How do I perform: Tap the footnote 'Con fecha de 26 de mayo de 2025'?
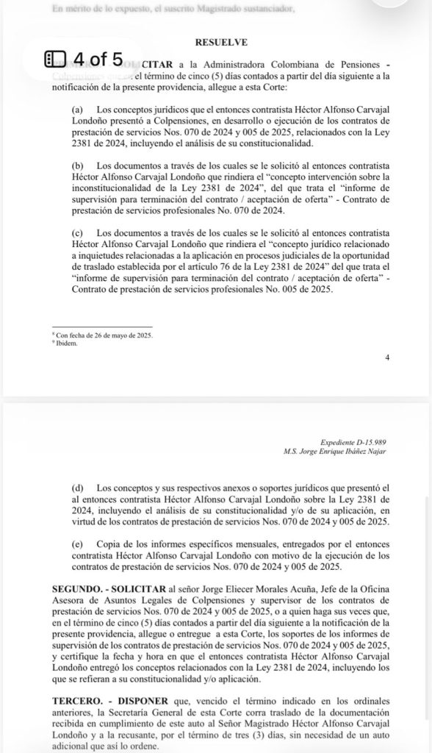click(x=102, y=335)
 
